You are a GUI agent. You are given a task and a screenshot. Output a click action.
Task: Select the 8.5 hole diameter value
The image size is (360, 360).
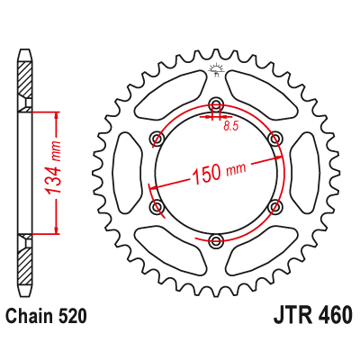(x=231, y=126)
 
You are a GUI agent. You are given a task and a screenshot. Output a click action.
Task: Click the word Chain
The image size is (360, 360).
(x=31, y=317)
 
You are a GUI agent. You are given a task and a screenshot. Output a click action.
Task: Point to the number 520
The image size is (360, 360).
(x=76, y=317)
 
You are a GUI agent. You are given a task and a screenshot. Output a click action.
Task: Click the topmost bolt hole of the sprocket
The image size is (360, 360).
(x=216, y=103)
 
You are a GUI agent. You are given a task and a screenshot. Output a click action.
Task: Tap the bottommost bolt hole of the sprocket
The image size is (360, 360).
(x=216, y=240)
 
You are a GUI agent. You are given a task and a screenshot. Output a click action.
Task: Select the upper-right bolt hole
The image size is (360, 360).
(x=275, y=137)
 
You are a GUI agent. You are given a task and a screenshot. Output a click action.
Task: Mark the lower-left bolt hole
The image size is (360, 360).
(x=157, y=206)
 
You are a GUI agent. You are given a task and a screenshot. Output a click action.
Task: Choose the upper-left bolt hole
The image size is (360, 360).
(x=157, y=137)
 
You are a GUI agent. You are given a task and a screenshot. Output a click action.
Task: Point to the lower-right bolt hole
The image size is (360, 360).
(x=275, y=206)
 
